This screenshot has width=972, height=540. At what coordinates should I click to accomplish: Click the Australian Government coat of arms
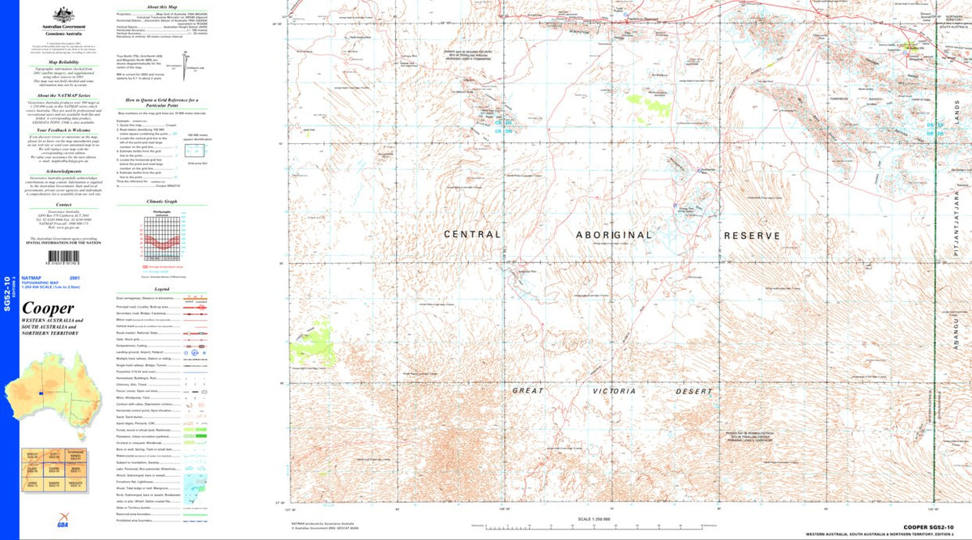click(58, 14)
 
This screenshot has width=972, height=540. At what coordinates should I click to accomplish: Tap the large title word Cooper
click(48, 308)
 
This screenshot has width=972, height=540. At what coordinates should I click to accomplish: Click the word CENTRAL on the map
click(472, 235)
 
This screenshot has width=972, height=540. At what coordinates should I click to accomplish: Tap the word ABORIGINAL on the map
click(614, 235)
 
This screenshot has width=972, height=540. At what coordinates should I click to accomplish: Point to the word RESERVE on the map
click(752, 236)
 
